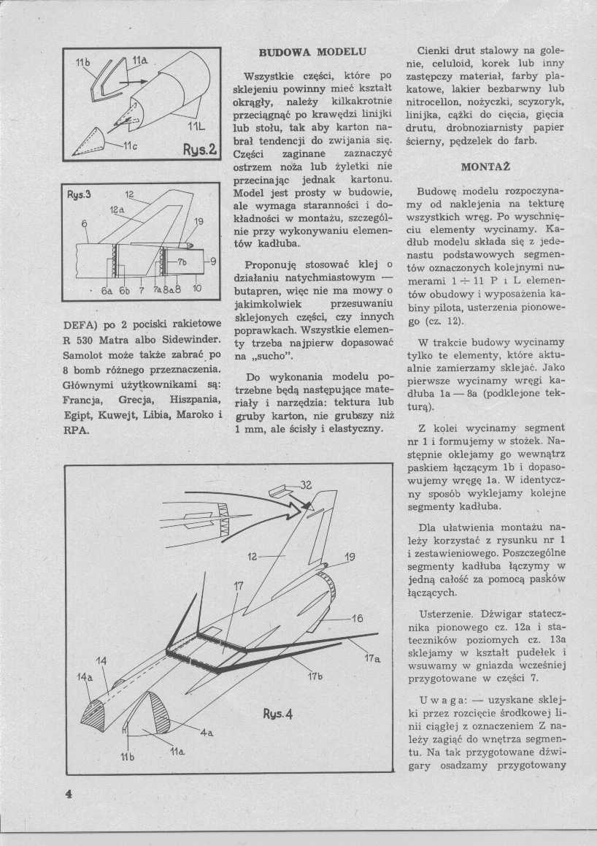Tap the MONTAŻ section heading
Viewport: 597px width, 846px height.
484,166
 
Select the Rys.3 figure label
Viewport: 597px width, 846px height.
78,195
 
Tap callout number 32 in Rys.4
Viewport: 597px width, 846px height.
306,484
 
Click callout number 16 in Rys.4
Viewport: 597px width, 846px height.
357,619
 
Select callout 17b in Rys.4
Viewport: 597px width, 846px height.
315,676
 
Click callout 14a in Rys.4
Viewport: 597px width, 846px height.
85,677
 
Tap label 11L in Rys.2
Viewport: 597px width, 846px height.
196,126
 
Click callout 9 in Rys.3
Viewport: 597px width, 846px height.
212,261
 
